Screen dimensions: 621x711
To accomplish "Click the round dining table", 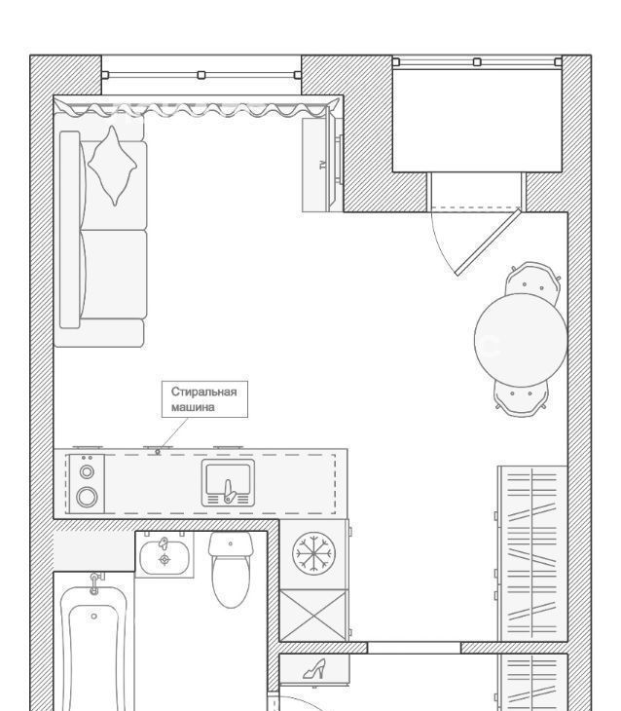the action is (x=521, y=340).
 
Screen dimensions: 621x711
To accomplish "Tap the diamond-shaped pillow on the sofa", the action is (x=112, y=166).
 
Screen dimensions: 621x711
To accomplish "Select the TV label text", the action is (x=323, y=165).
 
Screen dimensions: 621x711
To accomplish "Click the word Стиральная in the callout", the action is (x=204, y=392).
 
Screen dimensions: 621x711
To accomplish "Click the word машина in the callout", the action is (x=193, y=407).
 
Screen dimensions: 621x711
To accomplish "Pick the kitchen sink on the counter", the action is (x=228, y=482).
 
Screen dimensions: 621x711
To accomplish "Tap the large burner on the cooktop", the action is (x=87, y=497).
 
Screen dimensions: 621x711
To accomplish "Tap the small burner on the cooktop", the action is (x=87, y=472).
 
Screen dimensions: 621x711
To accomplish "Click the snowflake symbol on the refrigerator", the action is (x=313, y=553).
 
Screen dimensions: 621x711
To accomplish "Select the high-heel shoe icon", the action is (x=314, y=669).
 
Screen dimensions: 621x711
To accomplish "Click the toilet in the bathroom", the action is (x=231, y=570).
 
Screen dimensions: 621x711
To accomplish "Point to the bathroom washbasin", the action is (x=164, y=557).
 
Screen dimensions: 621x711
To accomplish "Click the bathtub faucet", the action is (x=94, y=583).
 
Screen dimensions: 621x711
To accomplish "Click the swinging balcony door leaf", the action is (x=488, y=243).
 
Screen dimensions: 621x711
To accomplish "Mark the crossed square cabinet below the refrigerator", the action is (x=313, y=616).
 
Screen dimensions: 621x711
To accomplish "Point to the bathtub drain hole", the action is (x=93, y=617).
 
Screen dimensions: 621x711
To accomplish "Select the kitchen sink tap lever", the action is (x=229, y=492).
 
